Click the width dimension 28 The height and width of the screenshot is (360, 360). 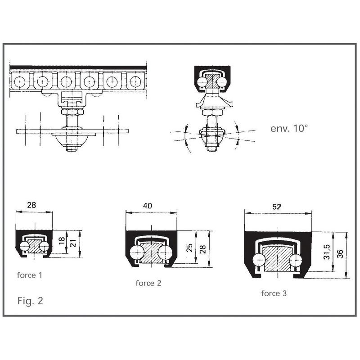(x=31, y=205)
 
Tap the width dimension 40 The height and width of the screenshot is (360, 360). (x=148, y=206)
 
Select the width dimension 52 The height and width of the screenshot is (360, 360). (x=277, y=207)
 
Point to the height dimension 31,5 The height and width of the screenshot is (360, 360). (x=327, y=252)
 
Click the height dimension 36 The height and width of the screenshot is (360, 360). (x=340, y=254)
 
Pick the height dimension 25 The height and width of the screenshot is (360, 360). (x=189, y=248)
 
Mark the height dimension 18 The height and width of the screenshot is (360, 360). (x=62, y=241)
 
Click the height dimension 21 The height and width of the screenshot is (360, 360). (x=73, y=243)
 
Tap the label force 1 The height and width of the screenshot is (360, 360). (x=30, y=275)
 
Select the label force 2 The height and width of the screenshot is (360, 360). (x=148, y=283)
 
